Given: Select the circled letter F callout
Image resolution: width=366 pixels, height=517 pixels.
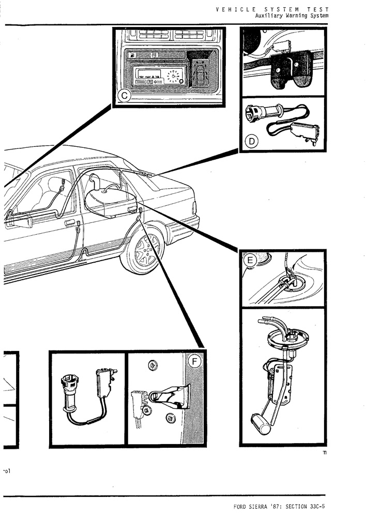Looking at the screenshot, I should [194, 361].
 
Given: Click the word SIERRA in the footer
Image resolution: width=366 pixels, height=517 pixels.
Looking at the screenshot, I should [264, 506].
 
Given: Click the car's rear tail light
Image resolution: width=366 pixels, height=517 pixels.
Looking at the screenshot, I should [194, 209].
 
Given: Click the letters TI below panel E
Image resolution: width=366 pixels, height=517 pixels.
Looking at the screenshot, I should [324, 453].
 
